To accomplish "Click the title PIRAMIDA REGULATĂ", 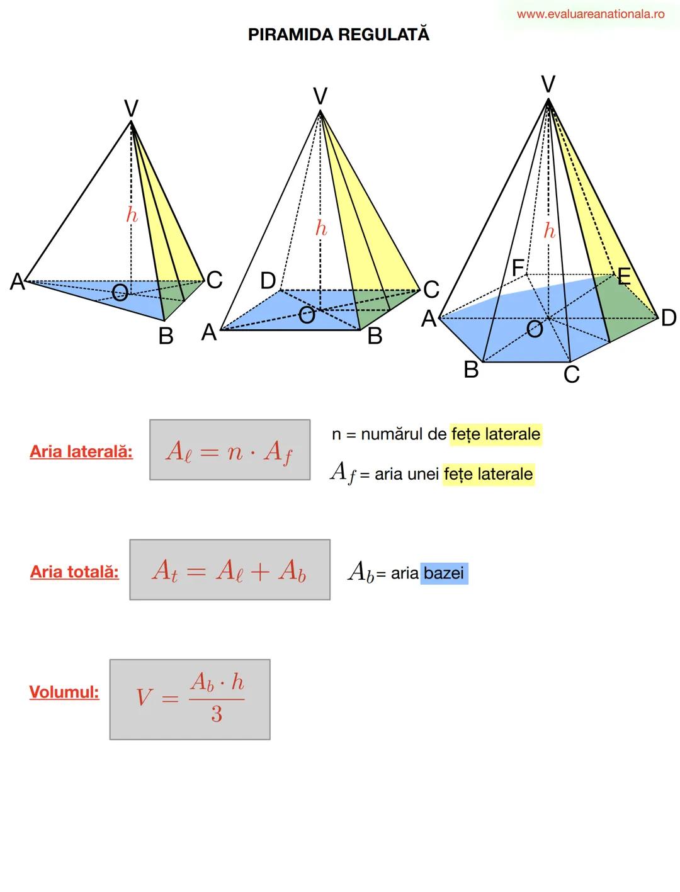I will pos(339,35).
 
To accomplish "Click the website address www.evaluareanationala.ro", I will pos(591,14).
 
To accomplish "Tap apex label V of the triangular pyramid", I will pos(131,109).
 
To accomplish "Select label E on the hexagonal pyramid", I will pos(623,277).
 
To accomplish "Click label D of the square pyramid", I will pos(268,281).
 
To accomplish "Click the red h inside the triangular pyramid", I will pos(132,215).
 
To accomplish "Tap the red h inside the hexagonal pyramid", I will pos(550,231).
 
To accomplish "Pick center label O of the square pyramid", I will pos(307,315).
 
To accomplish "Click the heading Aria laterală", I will pos(81,452).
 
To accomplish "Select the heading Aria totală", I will pos(74,572).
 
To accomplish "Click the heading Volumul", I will pos(64,692).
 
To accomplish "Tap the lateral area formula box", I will pos(230,450).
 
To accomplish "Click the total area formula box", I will pos(230,570).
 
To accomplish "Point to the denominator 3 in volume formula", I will pos(217,714).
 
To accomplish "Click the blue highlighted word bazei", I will pos(444,573).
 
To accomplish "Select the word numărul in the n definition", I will pos(392,434).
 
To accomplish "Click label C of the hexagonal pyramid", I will pos(571,375).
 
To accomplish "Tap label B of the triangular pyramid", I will pos(166,336).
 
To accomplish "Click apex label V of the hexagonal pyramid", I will pos(548,84).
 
